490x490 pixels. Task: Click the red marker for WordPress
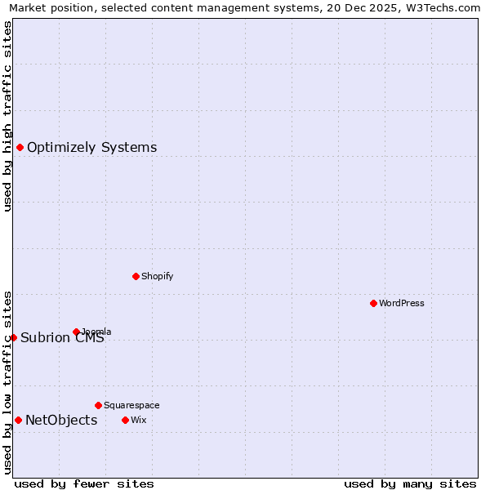pos(373,303)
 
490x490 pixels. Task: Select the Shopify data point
pos(136,276)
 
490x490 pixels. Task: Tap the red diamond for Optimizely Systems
pos(20,147)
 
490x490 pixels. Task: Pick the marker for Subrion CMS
pos(13,337)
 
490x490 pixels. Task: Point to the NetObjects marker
pos(18,420)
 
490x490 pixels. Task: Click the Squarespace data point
pos(98,405)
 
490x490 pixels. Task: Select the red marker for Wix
pos(125,420)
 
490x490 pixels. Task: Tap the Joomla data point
pos(76,332)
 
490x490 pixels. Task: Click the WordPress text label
pos(402,303)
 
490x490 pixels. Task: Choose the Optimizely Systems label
pos(92,148)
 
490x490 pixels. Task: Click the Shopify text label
pos(158,276)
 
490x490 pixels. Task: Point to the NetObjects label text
pos(61,421)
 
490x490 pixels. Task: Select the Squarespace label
pos(131,405)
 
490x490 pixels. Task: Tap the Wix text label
pos(138,420)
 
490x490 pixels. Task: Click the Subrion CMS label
pos(62,338)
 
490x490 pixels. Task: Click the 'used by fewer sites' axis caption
pos(84,483)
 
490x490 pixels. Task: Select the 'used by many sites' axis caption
pos(410,483)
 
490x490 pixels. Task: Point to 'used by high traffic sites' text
pos(7,116)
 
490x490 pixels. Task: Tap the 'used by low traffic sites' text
pos(7,382)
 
